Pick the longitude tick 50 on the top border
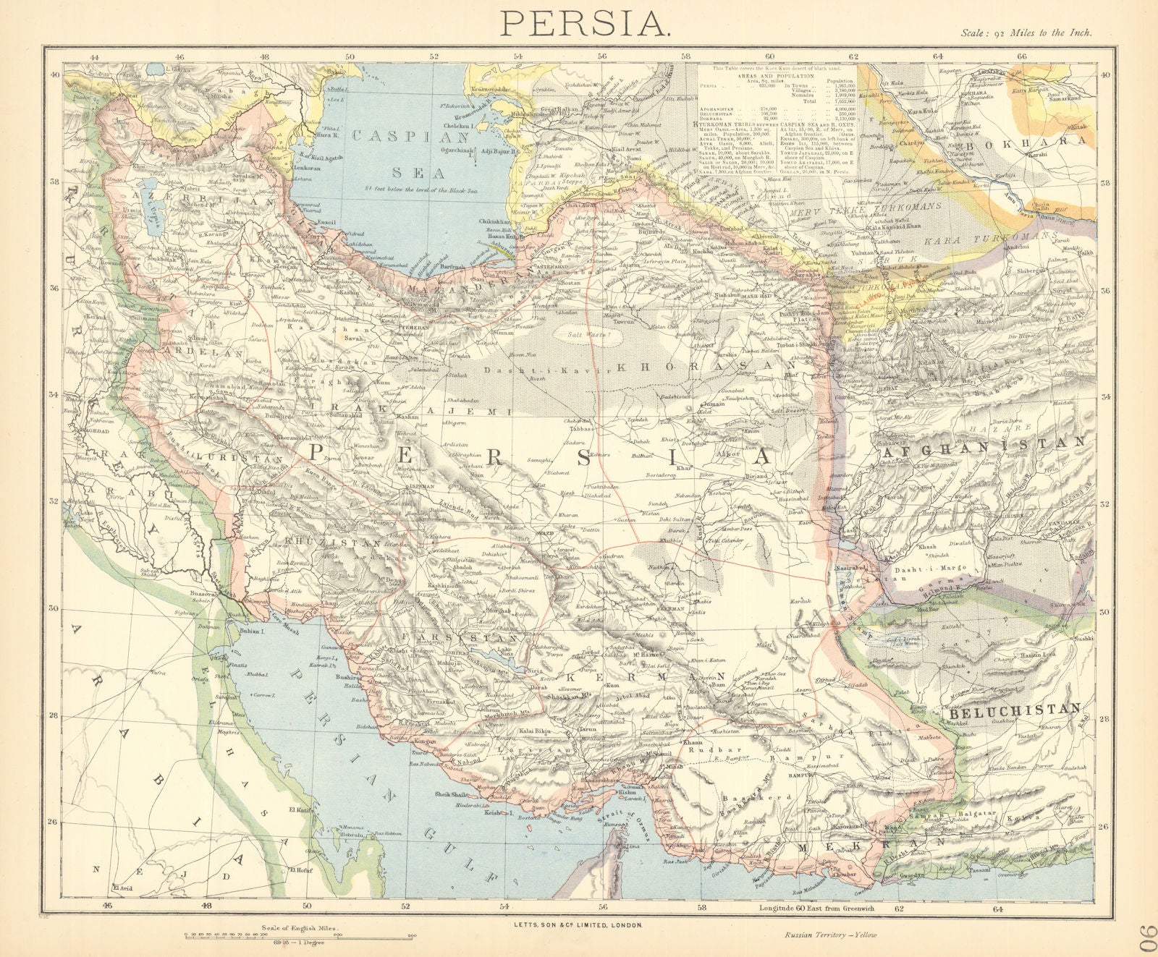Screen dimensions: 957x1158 350,56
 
